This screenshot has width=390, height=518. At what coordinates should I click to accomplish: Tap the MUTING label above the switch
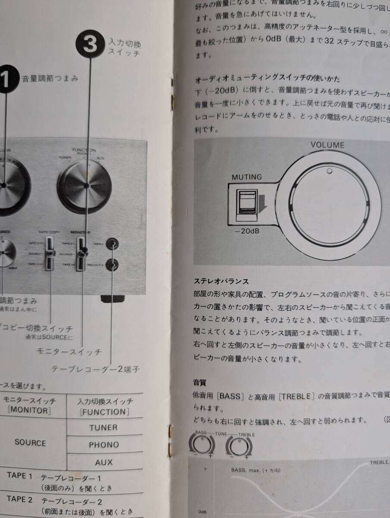click(x=246, y=177)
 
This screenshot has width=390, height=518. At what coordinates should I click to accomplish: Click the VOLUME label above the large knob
click(x=327, y=145)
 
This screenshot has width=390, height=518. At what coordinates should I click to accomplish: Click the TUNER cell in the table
click(x=104, y=427)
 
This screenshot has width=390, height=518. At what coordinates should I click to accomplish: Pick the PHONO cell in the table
click(x=104, y=445)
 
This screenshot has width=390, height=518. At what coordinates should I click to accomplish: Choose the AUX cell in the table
click(x=104, y=462)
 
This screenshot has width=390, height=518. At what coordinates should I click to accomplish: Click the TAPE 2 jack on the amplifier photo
click(x=112, y=244)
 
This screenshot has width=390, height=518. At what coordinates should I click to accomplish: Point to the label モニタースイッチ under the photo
click(x=69, y=351)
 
